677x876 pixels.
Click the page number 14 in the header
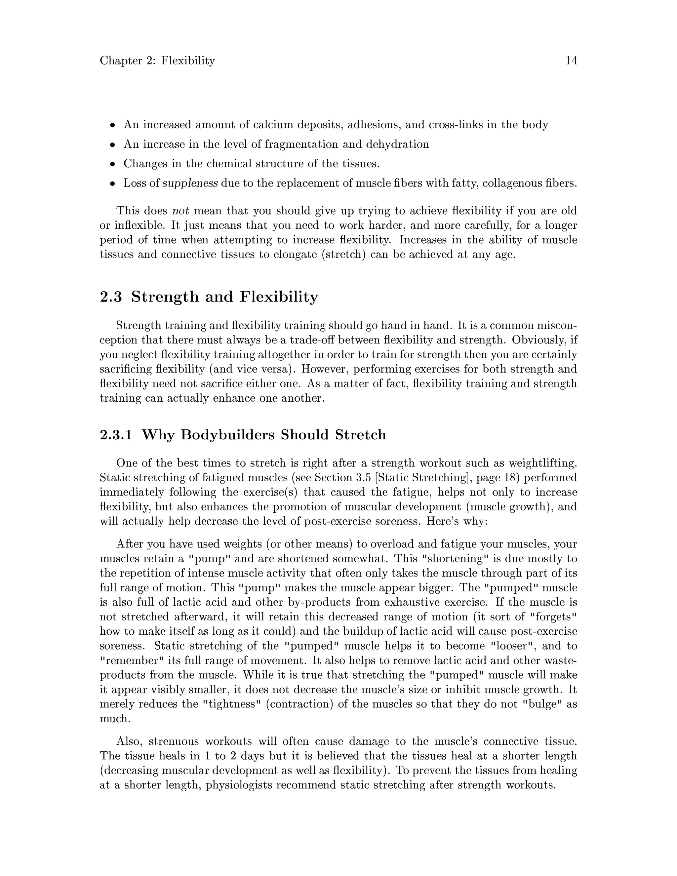(x=571, y=60)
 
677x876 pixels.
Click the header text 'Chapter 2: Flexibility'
(x=157, y=60)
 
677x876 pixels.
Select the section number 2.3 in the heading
(x=111, y=297)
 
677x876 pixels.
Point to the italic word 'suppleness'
(x=190, y=184)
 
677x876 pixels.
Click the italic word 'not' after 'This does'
(x=180, y=211)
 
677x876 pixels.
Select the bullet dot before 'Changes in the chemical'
(x=113, y=164)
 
